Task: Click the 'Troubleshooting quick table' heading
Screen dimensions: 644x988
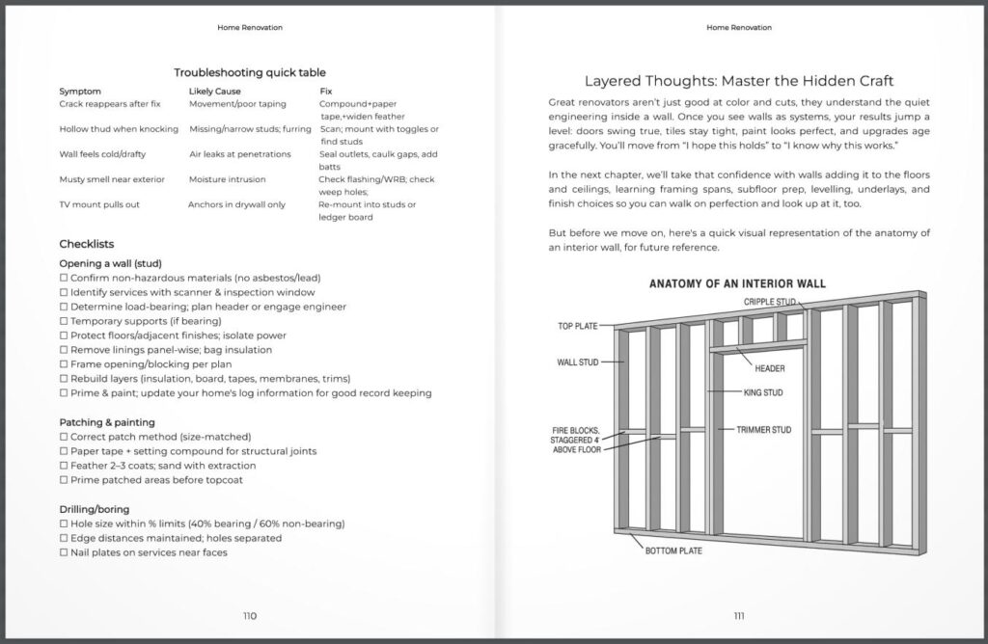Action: (x=250, y=72)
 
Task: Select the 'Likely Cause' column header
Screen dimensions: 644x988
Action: (x=215, y=92)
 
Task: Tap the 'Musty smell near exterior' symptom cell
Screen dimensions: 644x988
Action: (x=112, y=179)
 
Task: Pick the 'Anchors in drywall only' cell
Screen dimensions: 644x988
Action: (x=236, y=204)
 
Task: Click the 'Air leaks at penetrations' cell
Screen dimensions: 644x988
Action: (x=239, y=154)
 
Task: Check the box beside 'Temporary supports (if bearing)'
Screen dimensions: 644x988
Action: (x=64, y=320)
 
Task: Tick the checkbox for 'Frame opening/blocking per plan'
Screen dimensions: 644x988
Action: (x=64, y=364)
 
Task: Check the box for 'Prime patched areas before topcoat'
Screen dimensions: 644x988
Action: (x=64, y=479)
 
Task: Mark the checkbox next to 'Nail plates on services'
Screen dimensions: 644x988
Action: (x=64, y=552)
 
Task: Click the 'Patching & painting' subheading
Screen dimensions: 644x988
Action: (x=107, y=422)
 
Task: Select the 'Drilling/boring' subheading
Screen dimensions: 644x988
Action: (x=95, y=509)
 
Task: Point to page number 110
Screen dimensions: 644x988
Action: (x=250, y=616)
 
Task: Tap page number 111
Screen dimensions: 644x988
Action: (x=738, y=616)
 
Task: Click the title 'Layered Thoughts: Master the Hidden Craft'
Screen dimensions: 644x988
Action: (x=738, y=81)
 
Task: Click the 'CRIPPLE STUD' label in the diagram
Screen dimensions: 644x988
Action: (x=771, y=302)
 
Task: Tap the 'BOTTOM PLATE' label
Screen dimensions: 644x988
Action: (x=673, y=550)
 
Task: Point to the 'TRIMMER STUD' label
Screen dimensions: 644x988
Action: (x=763, y=429)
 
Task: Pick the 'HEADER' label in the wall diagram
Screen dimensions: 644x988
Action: (x=770, y=368)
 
